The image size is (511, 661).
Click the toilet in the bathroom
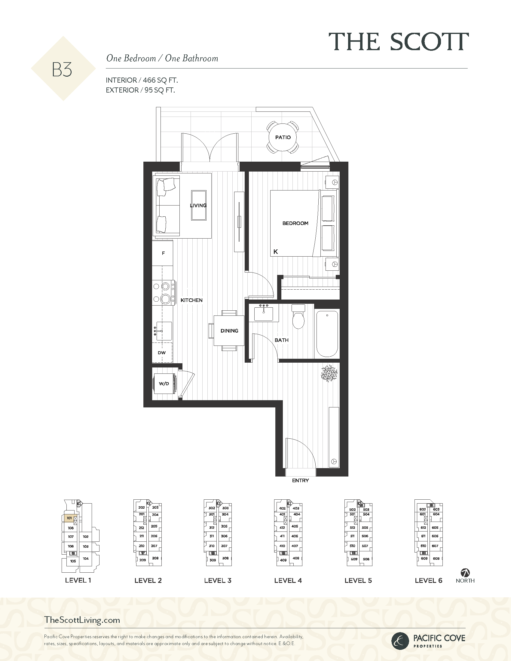(x=298, y=316)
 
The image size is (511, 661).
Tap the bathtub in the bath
(x=327, y=334)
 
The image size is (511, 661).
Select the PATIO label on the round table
(x=283, y=137)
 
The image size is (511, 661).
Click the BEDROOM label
(x=295, y=223)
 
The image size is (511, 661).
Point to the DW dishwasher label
(x=162, y=353)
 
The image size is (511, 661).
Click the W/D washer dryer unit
(x=164, y=384)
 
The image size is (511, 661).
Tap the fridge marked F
(x=163, y=253)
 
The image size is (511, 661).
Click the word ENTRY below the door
(x=300, y=480)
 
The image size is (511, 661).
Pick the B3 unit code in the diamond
(x=62, y=70)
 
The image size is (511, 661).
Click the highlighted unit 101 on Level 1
(x=69, y=518)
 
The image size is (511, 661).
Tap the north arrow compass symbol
(x=465, y=573)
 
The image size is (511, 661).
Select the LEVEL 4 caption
(x=288, y=580)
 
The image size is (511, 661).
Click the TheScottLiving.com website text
(x=82, y=620)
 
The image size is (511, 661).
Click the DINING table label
(x=229, y=331)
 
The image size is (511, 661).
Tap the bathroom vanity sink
(x=264, y=313)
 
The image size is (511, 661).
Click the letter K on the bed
(x=275, y=251)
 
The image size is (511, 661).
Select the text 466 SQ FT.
(x=160, y=80)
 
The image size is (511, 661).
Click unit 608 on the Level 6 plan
(x=436, y=559)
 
